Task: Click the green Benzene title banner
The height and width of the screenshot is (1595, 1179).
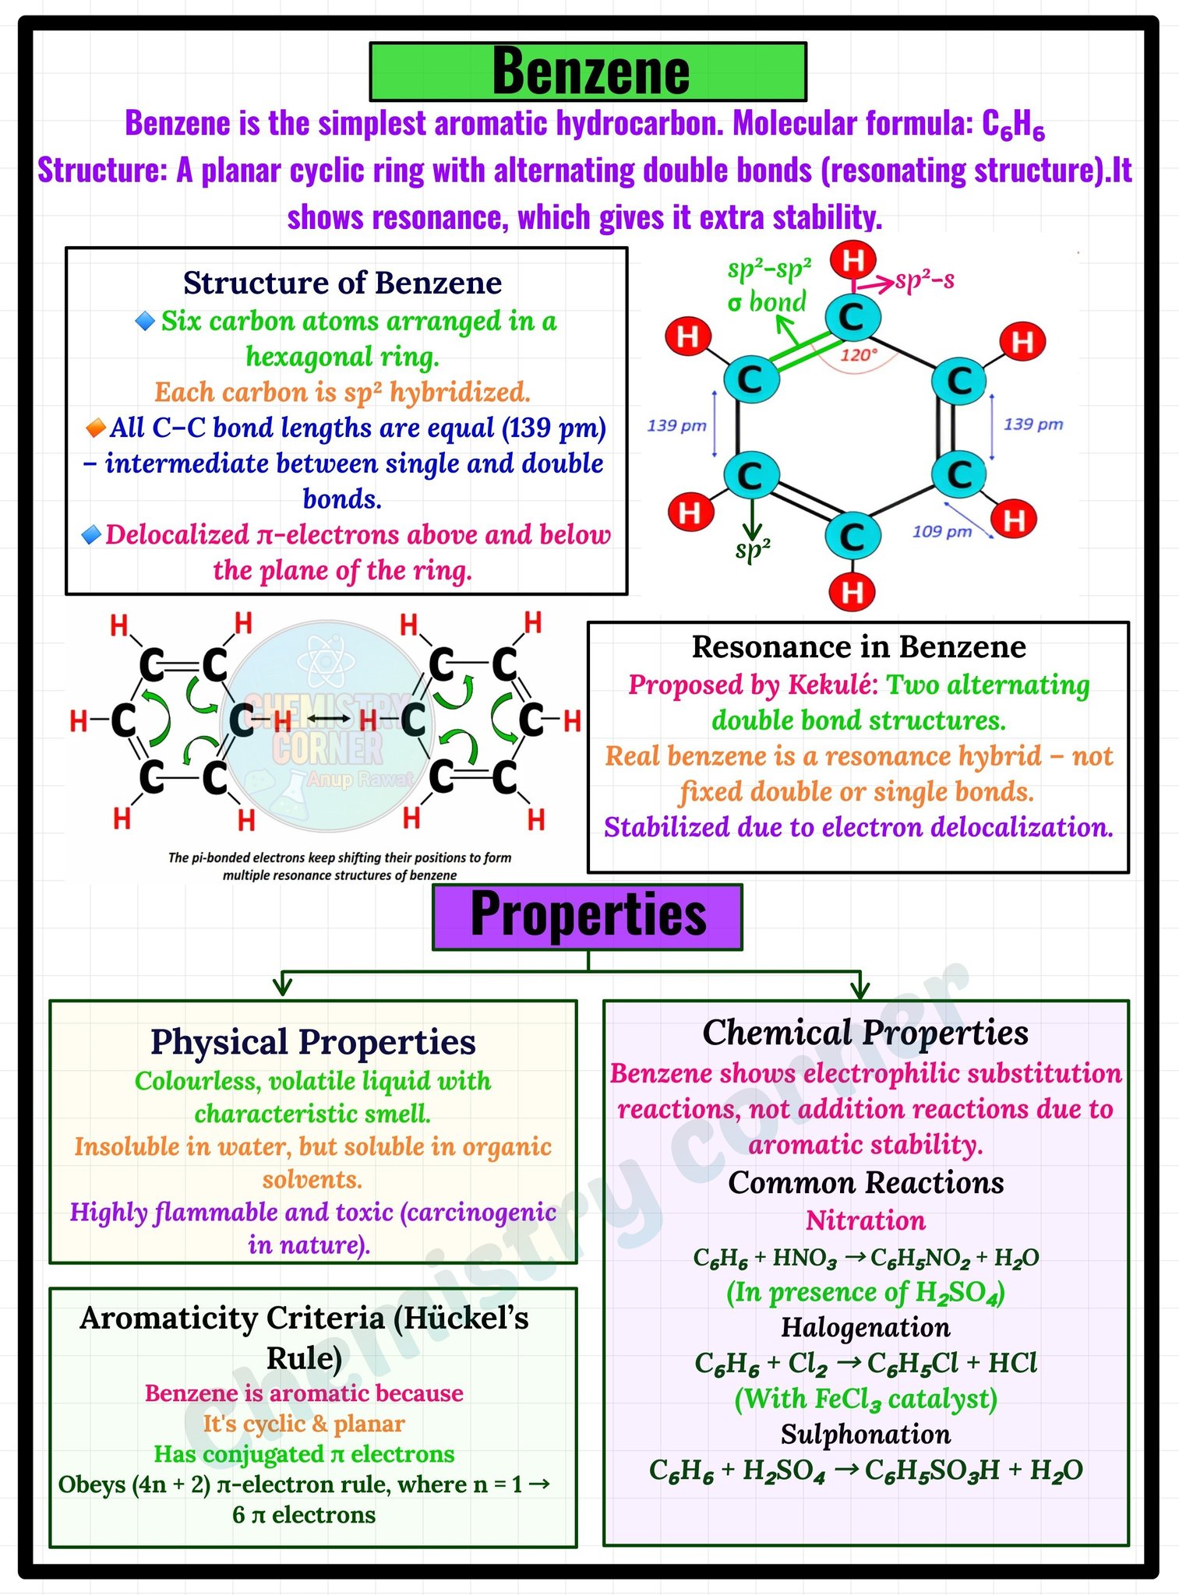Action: [x=588, y=72]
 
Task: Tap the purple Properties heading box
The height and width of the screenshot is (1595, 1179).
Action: [x=588, y=917]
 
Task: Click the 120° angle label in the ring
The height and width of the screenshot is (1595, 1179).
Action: [x=858, y=355]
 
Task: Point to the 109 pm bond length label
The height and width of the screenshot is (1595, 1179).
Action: [x=942, y=531]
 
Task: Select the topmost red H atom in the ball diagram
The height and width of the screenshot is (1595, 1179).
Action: [x=853, y=259]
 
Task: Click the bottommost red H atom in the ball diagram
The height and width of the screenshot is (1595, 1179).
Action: [x=852, y=592]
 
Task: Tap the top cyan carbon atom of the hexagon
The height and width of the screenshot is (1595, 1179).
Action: [x=853, y=318]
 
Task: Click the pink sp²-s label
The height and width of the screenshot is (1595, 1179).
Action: [x=925, y=280]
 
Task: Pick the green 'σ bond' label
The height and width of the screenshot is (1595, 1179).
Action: [x=767, y=301]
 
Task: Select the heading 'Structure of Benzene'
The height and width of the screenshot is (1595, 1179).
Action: [x=343, y=283]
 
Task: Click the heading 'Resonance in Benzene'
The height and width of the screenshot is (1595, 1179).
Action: [x=859, y=646]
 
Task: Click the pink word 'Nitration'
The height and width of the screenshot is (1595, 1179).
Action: [x=866, y=1220]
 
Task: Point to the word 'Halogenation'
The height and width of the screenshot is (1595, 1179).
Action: [x=866, y=1327]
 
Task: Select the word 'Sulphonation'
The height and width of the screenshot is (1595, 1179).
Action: [x=866, y=1434]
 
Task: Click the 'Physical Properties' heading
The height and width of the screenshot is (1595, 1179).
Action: [x=313, y=1042]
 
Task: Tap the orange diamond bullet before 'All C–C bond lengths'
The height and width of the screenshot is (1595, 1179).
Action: [x=96, y=428]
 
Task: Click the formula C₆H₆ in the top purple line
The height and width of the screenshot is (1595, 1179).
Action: [x=1013, y=125]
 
